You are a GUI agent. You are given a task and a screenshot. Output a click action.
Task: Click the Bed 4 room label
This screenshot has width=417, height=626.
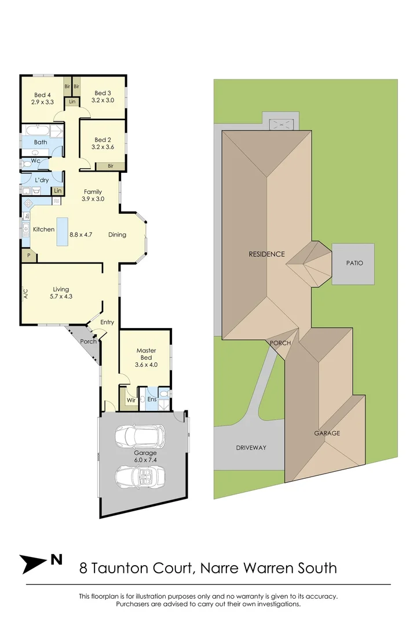click(42, 95)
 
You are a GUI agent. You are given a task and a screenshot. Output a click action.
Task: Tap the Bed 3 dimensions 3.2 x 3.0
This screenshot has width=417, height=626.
click(103, 100)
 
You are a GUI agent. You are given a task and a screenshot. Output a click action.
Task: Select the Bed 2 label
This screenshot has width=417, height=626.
click(103, 140)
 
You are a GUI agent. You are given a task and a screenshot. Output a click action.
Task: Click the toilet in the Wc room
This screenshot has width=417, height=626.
click(28, 163)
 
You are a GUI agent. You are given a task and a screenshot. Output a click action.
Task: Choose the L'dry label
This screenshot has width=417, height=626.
click(42, 180)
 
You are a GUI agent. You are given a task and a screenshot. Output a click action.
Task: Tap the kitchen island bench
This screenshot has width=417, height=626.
click(61, 231)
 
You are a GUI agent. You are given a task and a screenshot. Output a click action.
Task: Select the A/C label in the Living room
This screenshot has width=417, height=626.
click(25, 294)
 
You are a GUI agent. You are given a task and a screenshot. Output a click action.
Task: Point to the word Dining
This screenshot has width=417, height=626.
click(118, 235)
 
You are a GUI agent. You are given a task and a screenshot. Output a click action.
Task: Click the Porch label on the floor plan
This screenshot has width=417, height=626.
click(88, 341)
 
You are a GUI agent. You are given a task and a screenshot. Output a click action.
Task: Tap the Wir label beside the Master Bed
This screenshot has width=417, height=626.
click(131, 400)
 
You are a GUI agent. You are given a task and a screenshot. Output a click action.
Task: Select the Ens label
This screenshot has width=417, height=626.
click(152, 399)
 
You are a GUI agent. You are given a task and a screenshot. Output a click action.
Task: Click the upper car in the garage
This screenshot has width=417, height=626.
click(140, 437)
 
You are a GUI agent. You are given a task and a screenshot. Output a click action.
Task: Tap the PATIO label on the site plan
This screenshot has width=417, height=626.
click(354, 263)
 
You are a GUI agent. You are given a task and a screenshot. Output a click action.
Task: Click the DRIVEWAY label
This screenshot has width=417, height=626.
click(251, 448)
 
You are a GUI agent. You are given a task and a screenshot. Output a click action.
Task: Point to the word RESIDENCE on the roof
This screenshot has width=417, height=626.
click(266, 254)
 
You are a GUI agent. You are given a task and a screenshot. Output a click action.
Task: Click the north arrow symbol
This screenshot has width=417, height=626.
click(34, 564)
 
